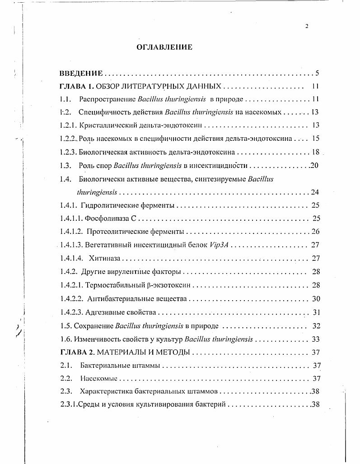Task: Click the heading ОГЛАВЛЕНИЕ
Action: (164, 47)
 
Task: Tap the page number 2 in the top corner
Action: (307, 26)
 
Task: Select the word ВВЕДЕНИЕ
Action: (82, 74)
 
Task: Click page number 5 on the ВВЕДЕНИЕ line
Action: (318, 74)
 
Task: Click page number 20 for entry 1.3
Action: (314, 165)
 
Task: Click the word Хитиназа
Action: (105, 259)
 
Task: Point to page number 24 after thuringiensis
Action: (315, 192)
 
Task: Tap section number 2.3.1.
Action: (68, 404)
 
